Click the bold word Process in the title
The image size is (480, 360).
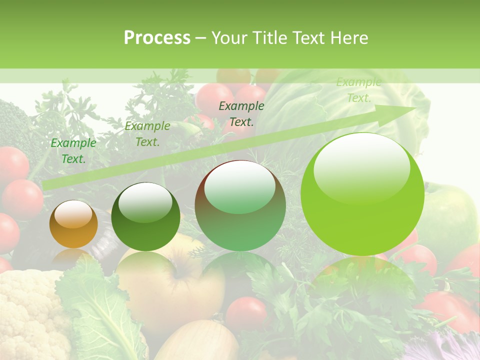(157, 38)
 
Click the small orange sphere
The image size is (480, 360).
(73, 224)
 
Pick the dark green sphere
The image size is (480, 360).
(145, 216)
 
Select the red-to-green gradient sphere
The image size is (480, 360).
(240, 205)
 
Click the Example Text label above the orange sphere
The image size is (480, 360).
(73, 151)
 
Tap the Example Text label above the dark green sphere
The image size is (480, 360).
(147, 134)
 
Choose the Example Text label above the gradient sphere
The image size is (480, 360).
(241, 114)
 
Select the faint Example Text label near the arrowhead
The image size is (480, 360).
(358, 90)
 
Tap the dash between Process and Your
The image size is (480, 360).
(200, 38)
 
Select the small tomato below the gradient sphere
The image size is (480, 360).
(246, 312)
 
